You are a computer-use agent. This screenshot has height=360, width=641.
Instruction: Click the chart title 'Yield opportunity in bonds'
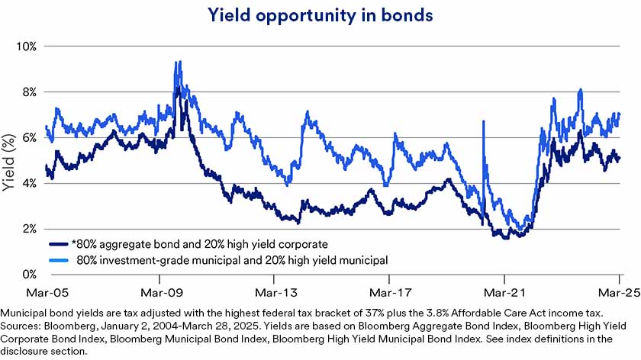point(320,14)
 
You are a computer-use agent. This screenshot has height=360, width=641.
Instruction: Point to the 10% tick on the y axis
point(27,46)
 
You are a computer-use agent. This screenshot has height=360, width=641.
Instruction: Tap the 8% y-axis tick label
point(29,92)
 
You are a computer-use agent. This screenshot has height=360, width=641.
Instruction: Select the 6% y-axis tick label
point(29,137)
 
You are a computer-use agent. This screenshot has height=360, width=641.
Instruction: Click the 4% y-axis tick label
point(29,183)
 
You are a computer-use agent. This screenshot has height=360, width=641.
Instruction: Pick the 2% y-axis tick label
point(29,229)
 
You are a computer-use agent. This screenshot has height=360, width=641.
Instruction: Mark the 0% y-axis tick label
point(29,274)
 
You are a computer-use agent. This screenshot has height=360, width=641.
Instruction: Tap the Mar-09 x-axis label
point(160,291)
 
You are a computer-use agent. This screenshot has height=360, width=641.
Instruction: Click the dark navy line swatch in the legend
point(58,244)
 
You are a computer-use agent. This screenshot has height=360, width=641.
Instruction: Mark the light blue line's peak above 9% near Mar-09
point(178,62)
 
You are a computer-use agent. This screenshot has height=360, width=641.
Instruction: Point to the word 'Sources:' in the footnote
point(22,323)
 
